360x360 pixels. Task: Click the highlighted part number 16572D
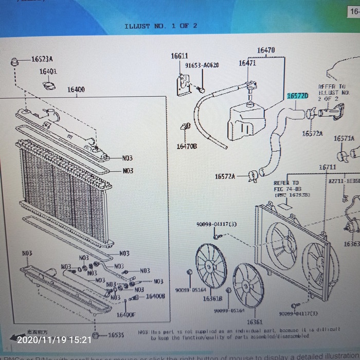(x=297, y=96)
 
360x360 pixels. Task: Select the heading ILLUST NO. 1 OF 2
(x=161, y=26)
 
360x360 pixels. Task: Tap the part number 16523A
(x=42, y=60)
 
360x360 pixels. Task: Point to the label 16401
(x=48, y=71)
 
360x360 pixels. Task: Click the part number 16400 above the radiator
(x=76, y=89)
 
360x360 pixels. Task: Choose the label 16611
(x=179, y=56)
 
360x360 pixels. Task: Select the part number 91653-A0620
(x=202, y=65)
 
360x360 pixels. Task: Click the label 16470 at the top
(x=265, y=50)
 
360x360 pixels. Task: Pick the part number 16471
(x=247, y=63)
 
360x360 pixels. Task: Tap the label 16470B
(x=187, y=146)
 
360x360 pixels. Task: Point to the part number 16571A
(x=344, y=138)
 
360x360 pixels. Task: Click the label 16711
(x=327, y=167)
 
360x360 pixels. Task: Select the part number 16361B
(x=212, y=298)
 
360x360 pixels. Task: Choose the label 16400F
(x=125, y=315)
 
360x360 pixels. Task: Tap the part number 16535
(x=116, y=335)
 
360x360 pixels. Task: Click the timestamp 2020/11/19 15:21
(x=54, y=339)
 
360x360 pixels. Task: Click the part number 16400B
(x=155, y=296)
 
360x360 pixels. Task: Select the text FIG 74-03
(x=286, y=189)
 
